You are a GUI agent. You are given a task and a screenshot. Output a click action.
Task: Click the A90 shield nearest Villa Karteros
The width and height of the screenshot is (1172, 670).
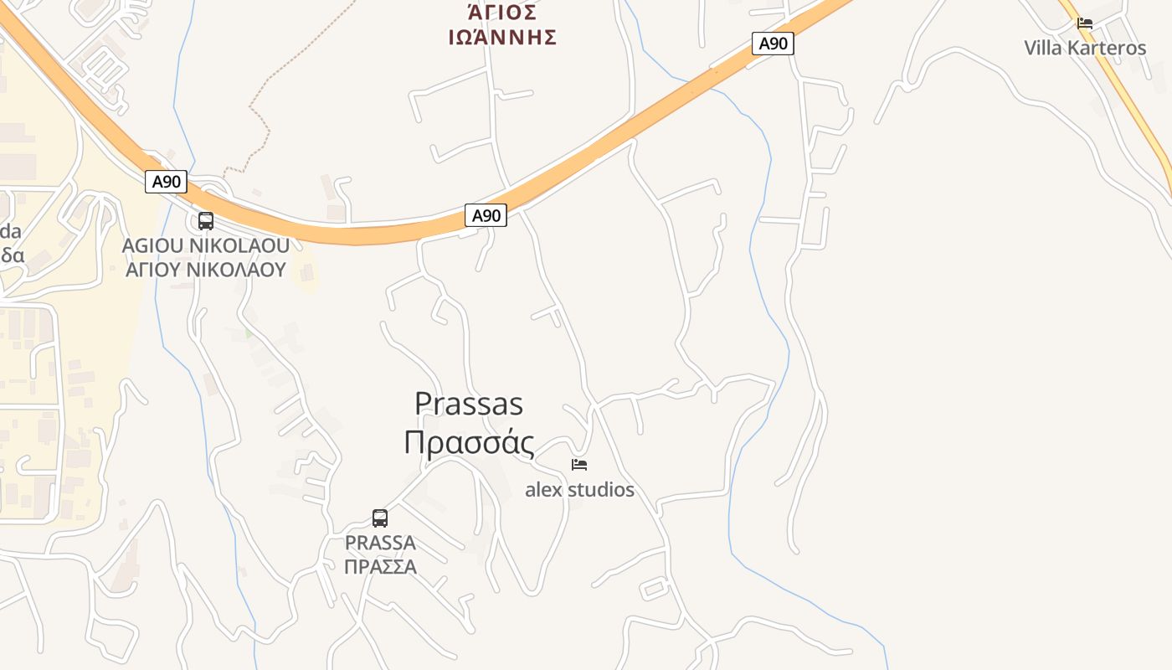pos(772,44)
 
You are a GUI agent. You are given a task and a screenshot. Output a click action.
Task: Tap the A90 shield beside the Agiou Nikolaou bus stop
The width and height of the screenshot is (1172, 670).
pos(166,182)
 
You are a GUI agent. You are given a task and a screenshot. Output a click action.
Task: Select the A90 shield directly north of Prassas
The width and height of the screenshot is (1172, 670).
pos(486,215)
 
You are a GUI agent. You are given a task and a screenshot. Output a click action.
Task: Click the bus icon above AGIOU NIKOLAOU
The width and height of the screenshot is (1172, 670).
pos(205,221)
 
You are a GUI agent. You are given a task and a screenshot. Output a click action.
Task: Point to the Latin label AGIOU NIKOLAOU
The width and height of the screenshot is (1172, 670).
pos(205,245)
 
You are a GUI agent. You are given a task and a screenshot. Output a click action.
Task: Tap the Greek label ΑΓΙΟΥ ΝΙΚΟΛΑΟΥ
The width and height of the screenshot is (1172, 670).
pos(205,270)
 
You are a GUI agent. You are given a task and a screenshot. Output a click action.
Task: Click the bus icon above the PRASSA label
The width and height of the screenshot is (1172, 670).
pos(379,518)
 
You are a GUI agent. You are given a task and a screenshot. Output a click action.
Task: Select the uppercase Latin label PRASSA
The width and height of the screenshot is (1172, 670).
pos(380,543)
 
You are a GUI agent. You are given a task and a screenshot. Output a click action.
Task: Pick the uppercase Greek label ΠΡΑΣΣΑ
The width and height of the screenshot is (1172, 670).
pos(380,566)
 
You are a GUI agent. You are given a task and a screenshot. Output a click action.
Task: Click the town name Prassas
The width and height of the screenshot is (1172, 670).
pos(469,405)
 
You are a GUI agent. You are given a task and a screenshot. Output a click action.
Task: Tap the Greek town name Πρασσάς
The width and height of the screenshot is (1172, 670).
pos(469,442)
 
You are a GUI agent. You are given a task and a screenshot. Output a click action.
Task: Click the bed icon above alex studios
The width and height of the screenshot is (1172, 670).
pos(579,464)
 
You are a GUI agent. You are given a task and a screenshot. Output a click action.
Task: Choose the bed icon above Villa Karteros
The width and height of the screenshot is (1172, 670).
pos(1085,23)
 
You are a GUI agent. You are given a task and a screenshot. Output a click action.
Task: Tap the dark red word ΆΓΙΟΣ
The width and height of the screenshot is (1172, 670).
pos(501,12)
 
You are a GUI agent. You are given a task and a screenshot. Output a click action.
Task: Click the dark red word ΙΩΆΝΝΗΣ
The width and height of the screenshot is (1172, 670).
pos(502,37)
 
